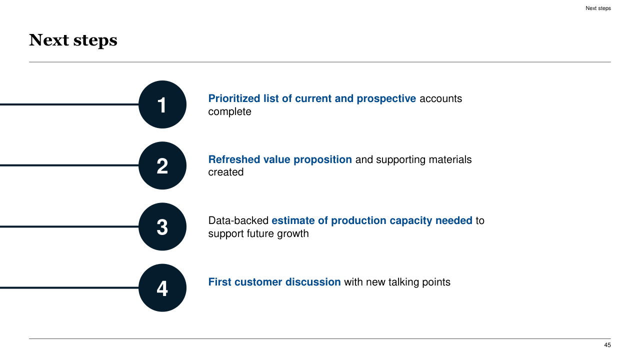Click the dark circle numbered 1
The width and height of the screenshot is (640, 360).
[x=162, y=104]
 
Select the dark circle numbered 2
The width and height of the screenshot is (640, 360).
[x=162, y=165]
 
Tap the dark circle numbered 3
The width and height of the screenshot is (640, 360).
[x=162, y=226]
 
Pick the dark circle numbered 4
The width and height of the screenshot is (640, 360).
[x=162, y=287]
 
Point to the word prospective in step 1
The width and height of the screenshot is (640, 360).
[x=386, y=99]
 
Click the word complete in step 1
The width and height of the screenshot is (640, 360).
[x=229, y=111]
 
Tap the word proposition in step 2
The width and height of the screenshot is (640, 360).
[x=322, y=160]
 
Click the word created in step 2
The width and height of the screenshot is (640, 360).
[x=225, y=172]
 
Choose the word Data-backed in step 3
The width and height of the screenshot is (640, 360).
[x=238, y=220]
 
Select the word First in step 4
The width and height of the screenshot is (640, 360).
[x=219, y=282]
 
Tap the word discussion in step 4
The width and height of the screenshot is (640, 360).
[x=313, y=282]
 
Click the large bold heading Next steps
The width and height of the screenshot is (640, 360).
[x=73, y=40]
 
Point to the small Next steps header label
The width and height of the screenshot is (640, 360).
[x=598, y=8]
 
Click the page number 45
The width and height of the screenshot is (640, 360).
[x=607, y=345]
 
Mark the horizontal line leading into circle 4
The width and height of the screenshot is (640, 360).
[x=69, y=287]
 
